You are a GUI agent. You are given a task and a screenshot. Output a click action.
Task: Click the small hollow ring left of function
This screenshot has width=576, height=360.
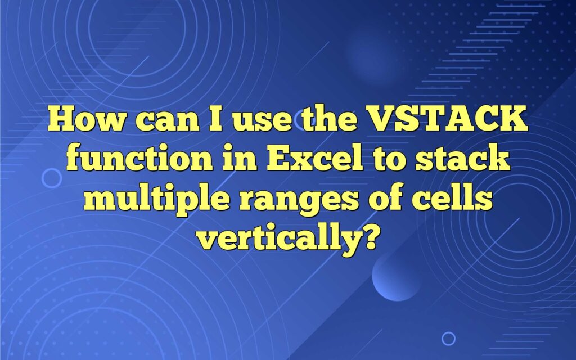pos(52,178)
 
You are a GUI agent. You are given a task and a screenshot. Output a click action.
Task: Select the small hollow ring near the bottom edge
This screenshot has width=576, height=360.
pos(448,338)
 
